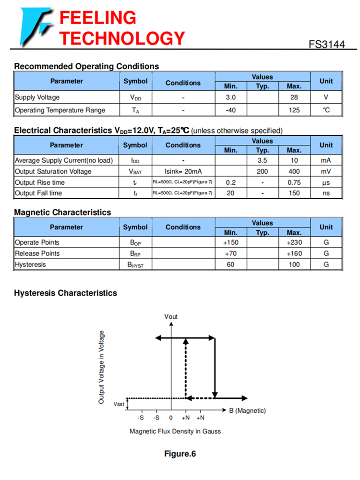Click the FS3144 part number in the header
326,44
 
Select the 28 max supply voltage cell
294,97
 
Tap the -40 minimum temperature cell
230,110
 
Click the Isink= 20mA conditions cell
183,171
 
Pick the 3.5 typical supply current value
262,160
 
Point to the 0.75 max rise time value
294,182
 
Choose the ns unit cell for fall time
326,193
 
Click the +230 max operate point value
294,242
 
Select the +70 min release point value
230,253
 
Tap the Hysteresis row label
30,264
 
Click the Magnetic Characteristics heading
62,212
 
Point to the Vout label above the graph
171,316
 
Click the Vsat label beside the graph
119,404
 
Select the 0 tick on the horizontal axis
171,418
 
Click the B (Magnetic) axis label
247,410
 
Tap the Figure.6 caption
180,454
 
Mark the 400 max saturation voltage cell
294,171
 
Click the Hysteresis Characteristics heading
65,293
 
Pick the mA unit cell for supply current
326,160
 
